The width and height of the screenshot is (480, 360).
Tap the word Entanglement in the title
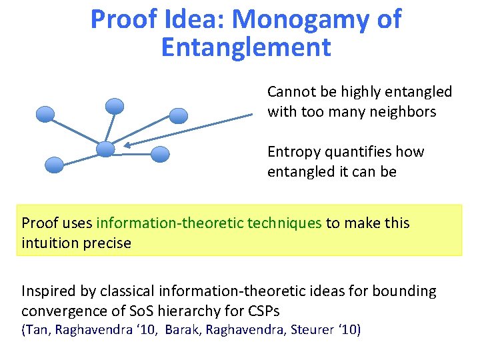click(x=246, y=47)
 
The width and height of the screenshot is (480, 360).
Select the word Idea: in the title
click(x=191, y=19)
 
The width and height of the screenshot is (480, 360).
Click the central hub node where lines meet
click(x=105, y=149)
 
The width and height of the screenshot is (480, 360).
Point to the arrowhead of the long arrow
click(x=127, y=145)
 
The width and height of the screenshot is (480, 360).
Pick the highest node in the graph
click(x=115, y=105)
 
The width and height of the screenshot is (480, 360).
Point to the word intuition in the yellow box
click(x=48, y=243)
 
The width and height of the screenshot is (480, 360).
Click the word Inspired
click(x=49, y=291)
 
